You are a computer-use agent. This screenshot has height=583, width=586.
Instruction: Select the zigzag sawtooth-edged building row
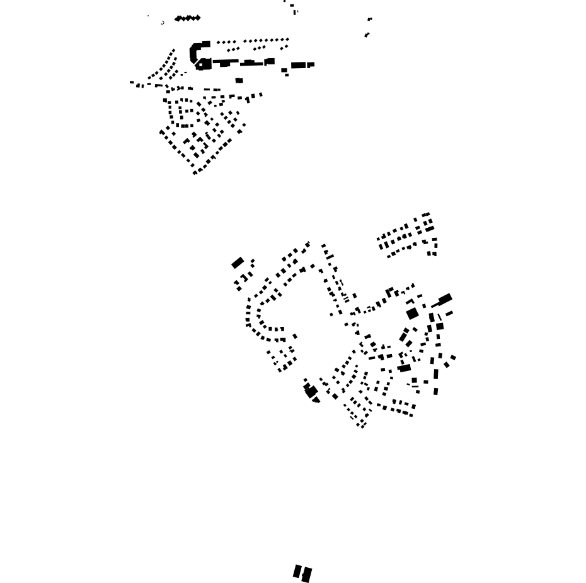pyautogui.click(x=187, y=18)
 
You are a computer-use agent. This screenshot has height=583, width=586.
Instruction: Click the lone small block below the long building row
pyautogui.click(x=239, y=81)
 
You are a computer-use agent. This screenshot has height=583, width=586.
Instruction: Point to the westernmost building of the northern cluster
pyautogui.click(x=132, y=83)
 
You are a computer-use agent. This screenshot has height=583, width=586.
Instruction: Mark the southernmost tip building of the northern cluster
pyautogui.click(x=195, y=172)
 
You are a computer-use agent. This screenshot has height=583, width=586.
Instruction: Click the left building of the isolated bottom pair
pyautogui.click(x=297, y=572)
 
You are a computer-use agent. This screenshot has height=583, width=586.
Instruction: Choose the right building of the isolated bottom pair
pyautogui.click(x=307, y=575)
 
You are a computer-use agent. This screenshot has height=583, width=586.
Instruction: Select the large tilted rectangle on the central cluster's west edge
pyautogui.click(x=238, y=262)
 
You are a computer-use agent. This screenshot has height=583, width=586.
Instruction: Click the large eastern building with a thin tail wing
pyautogui.click(x=444, y=300)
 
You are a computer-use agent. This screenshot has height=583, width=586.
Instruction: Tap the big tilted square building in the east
pyautogui.click(x=412, y=313)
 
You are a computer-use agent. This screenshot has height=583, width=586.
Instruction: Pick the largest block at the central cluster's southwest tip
pyautogui.click(x=310, y=391)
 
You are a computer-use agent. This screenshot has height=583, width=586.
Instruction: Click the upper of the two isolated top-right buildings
pyautogui.click(x=370, y=20)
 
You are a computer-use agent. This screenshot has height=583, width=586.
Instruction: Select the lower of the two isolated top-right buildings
pyautogui.click(x=367, y=35)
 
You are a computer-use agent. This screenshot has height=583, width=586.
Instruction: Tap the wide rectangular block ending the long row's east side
pyautogui.click(x=299, y=65)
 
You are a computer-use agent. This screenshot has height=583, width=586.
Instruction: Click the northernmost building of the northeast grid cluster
pyautogui.click(x=427, y=215)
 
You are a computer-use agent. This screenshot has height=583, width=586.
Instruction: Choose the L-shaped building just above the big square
pyautogui.click(x=410, y=302)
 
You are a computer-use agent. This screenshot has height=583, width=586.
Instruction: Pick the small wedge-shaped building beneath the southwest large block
pyautogui.click(x=316, y=400)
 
